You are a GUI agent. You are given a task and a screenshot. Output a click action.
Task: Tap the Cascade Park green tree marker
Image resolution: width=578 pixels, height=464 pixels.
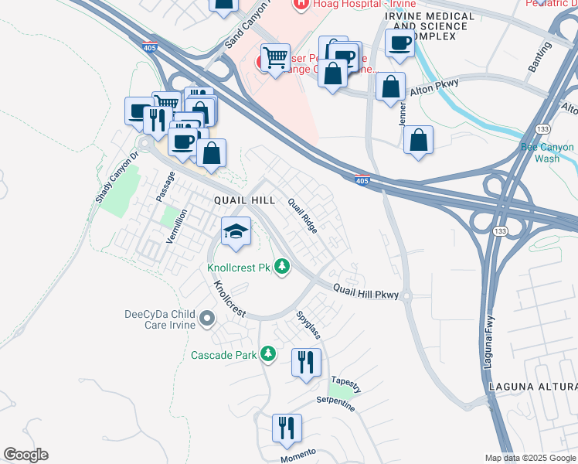click(267, 354)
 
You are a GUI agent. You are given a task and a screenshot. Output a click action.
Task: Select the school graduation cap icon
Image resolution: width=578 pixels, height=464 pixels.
click(236, 230)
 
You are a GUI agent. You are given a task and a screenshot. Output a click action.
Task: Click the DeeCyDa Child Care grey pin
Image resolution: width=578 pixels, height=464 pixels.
click(206, 318)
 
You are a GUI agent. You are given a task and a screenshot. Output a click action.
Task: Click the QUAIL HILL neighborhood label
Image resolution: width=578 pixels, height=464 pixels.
click(244, 200)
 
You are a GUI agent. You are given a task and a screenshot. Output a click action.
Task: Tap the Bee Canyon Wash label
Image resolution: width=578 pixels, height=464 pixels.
click(547, 152)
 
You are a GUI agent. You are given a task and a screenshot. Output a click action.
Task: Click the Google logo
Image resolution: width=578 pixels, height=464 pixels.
click(25, 455)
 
